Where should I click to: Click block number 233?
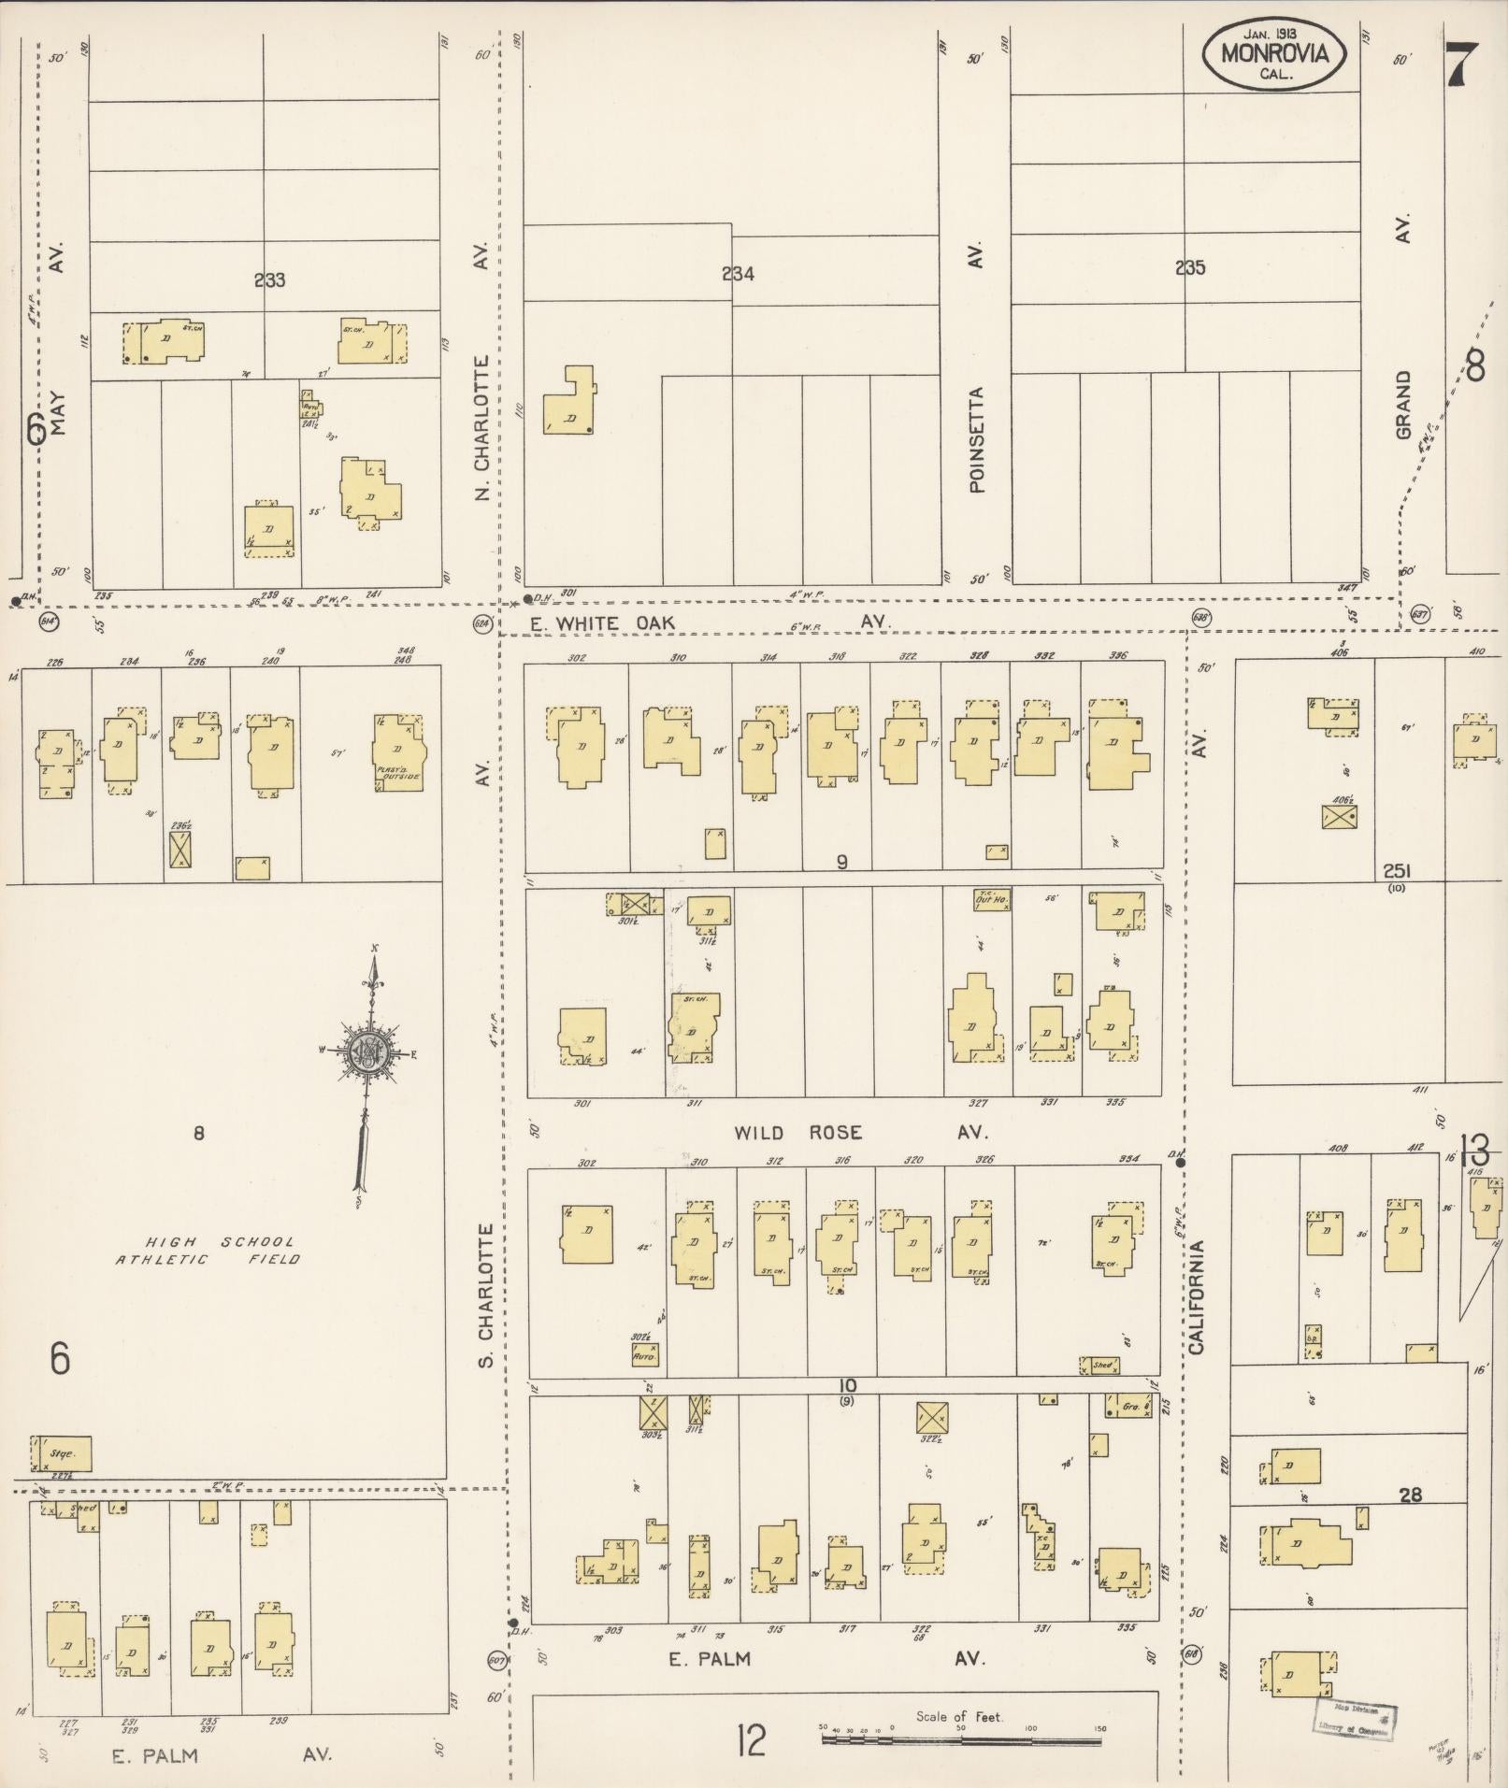click(269, 279)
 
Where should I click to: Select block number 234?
click(738, 274)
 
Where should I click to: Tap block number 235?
click(1189, 268)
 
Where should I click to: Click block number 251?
click(1397, 870)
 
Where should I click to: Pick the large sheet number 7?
click(1461, 64)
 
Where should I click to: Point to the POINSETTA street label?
click(978, 439)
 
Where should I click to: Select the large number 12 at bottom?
click(751, 1741)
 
